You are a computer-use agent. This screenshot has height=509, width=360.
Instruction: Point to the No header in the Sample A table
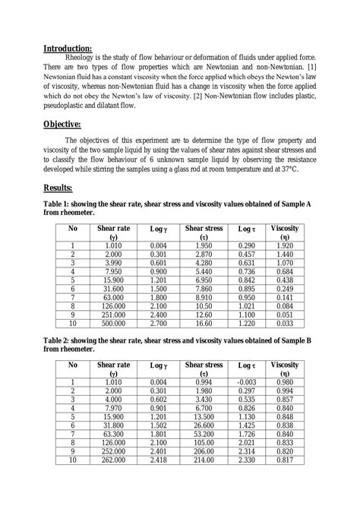click(73, 228)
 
